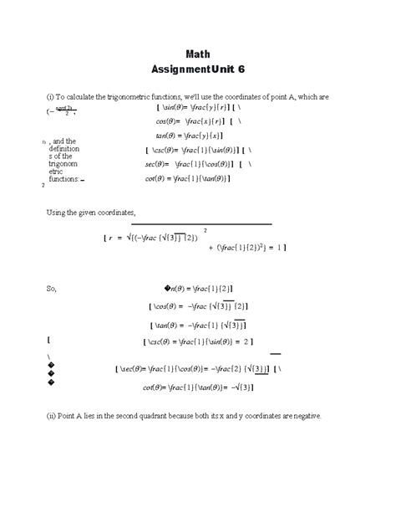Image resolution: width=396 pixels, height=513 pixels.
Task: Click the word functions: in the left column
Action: point(64,178)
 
